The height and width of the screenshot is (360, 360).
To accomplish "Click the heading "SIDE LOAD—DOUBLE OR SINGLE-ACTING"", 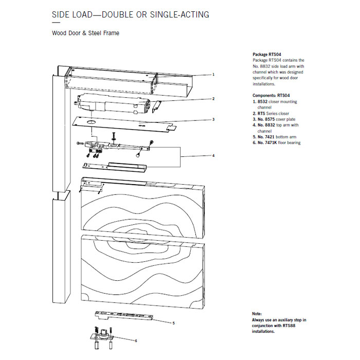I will (131, 14).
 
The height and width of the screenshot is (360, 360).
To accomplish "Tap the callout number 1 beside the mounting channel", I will (213, 75).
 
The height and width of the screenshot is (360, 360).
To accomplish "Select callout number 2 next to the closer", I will (213, 98).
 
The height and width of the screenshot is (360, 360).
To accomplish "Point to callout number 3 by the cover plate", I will (213, 120).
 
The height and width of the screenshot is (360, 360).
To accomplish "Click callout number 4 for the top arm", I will (213, 155).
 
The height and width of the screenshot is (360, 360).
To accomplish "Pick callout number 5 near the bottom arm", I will (174, 323).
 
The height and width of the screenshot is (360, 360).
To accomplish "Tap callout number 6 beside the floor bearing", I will (135, 340).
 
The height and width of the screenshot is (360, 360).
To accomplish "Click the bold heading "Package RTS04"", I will (267, 54).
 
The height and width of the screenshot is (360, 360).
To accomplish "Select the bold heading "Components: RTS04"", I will (272, 96).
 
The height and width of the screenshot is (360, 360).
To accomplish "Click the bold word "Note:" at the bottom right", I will (258, 314).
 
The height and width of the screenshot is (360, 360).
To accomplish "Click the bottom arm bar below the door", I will (123, 315).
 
